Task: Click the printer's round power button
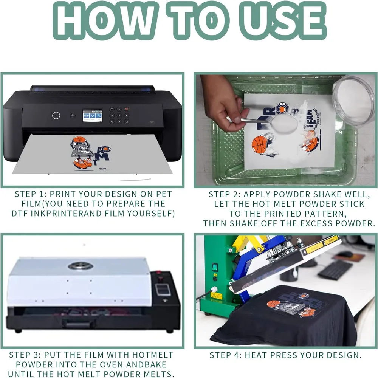[56, 115]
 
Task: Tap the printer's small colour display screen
[93, 116]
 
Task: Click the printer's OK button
[119, 115]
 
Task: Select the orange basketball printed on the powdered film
[259, 146]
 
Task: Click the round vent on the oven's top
[81, 266]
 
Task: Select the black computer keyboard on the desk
[335, 270]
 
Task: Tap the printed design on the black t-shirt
[296, 304]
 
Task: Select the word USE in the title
[283, 21]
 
